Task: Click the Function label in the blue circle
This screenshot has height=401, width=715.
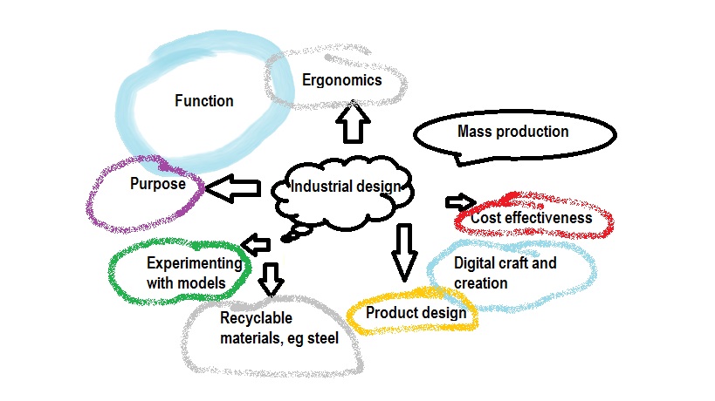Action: pyautogui.click(x=204, y=101)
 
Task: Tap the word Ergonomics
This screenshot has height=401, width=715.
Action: pyautogui.click(x=342, y=80)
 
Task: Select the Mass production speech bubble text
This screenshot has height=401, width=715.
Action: pyautogui.click(x=513, y=132)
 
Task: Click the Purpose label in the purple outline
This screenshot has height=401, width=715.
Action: pyautogui.click(x=158, y=184)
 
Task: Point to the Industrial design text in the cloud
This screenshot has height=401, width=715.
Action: pyautogui.click(x=346, y=187)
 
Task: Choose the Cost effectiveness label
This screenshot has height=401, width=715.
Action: pyautogui.click(x=531, y=218)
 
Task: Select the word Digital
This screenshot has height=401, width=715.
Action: pyautogui.click(x=476, y=262)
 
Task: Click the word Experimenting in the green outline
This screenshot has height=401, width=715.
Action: pyautogui.click(x=194, y=262)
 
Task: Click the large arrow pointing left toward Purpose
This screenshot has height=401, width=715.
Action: pyautogui.click(x=233, y=187)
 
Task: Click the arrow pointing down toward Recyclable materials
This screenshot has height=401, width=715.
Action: pyautogui.click(x=272, y=278)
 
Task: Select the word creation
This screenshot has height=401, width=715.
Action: pyautogui.click(x=481, y=283)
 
